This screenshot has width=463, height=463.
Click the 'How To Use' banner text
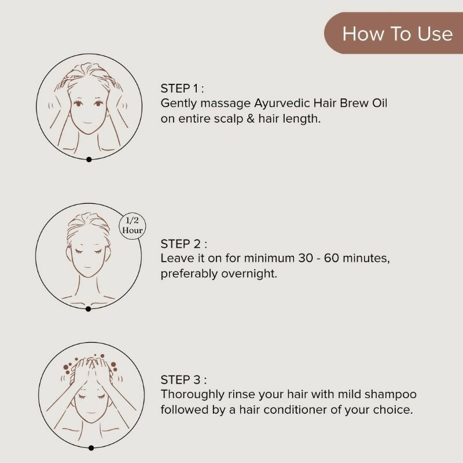click(x=398, y=34)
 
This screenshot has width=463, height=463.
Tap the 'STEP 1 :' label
click(x=182, y=89)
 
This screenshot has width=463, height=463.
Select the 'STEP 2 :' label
click(x=183, y=244)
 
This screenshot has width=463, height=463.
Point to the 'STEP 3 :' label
click(x=183, y=380)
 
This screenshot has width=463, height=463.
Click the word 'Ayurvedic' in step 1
click(x=282, y=104)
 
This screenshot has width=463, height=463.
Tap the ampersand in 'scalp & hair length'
click(x=251, y=119)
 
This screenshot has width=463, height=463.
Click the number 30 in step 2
click(x=306, y=258)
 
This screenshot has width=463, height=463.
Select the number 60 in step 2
click(x=331, y=258)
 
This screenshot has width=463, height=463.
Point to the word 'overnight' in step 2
click(x=249, y=274)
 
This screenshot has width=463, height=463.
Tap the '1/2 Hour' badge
click(x=133, y=225)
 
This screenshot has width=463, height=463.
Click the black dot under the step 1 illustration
click(x=89, y=160)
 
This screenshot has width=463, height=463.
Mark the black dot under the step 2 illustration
click(x=88, y=309)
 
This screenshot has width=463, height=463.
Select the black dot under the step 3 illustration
click(x=91, y=448)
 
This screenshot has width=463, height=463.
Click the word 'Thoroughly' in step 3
click(x=193, y=395)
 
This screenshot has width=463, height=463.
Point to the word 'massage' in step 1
click(x=225, y=104)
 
